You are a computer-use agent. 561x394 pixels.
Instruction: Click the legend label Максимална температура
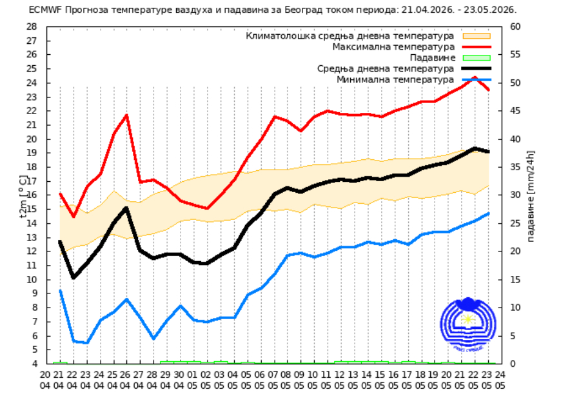[x=393, y=47]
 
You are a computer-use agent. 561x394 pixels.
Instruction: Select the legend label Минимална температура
[x=395, y=79]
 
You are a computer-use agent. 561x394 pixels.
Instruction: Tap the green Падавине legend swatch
[x=477, y=57]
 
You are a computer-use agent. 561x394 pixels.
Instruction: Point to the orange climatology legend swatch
[x=477, y=35]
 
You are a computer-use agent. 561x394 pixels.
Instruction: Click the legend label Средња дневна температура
[x=386, y=69]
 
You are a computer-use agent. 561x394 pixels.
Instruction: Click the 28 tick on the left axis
[x=32, y=27]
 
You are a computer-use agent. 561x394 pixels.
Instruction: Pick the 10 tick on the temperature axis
[x=32, y=279]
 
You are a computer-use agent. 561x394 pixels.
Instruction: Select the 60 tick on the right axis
[x=515, y=27]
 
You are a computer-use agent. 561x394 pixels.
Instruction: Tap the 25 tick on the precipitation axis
[x=515, y=223]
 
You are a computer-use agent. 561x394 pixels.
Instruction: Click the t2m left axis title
[x=23, y=196]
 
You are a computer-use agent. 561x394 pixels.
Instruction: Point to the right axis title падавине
[x=530, y=196]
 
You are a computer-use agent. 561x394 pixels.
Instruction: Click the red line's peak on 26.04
[x=126, y=115]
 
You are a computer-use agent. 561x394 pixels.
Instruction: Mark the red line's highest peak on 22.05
[x=475, y=77]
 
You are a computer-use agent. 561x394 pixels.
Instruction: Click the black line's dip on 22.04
[x=74, y=277]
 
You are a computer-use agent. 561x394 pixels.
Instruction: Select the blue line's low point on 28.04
[x=153, y=338]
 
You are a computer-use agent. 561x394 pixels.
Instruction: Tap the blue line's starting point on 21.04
[x=60, y=291]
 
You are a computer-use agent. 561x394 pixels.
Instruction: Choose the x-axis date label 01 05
[x=192, y=380]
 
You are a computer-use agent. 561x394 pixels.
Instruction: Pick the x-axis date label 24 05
[x=500, y=380]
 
